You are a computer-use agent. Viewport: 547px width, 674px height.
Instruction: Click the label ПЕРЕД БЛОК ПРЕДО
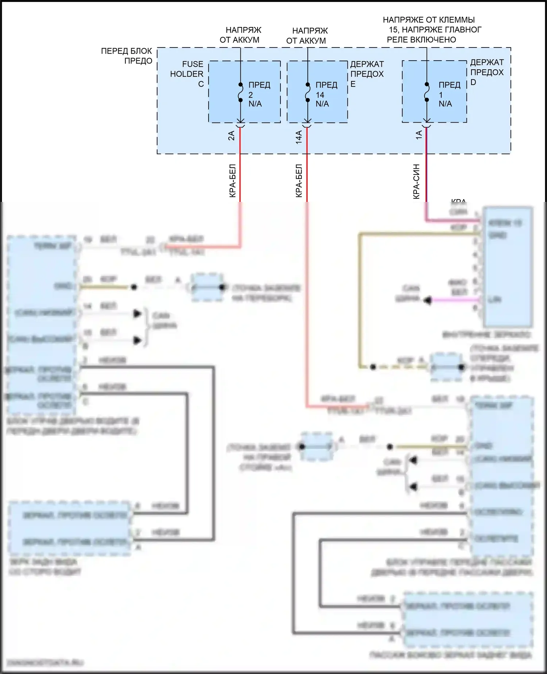[127, 56]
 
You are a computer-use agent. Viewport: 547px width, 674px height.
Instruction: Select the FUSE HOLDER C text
[187, 74]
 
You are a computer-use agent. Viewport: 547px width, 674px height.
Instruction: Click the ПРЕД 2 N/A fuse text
[259, 95]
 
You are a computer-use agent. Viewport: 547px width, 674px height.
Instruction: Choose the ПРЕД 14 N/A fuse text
[326, 95]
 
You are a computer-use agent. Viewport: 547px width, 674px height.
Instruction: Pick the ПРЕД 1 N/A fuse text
[449, 95]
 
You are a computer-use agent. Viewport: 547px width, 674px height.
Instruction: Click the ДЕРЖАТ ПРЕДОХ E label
[367, 74]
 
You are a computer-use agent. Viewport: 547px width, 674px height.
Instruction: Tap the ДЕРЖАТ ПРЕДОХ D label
[487, 72]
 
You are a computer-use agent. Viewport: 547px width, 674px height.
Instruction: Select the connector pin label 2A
[231, 136]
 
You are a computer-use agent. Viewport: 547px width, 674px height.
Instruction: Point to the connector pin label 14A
[299, 137]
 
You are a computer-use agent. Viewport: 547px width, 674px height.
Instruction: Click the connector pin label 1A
[419, 135]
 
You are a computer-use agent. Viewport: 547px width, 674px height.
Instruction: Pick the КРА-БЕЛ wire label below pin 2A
[233, 181]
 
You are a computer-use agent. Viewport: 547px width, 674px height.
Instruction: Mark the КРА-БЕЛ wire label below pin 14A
[299, 181]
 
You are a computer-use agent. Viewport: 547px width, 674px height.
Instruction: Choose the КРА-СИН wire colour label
[416, 181]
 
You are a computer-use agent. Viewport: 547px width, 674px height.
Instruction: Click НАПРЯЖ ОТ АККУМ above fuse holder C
[240, 35]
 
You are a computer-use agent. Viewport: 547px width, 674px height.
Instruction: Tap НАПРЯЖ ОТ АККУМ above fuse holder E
[307, 36]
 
